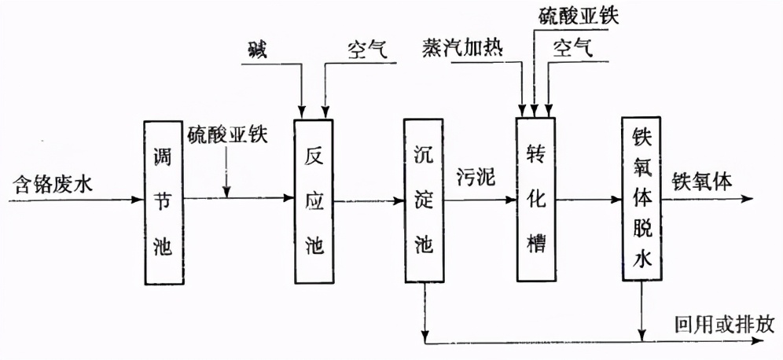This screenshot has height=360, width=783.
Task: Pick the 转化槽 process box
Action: tap(536, 200)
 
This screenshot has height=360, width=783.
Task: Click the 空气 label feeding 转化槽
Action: tap(572, 50)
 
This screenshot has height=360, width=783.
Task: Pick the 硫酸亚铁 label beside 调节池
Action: tap(228, 134)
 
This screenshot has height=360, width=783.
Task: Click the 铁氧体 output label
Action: tap(701, 180)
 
